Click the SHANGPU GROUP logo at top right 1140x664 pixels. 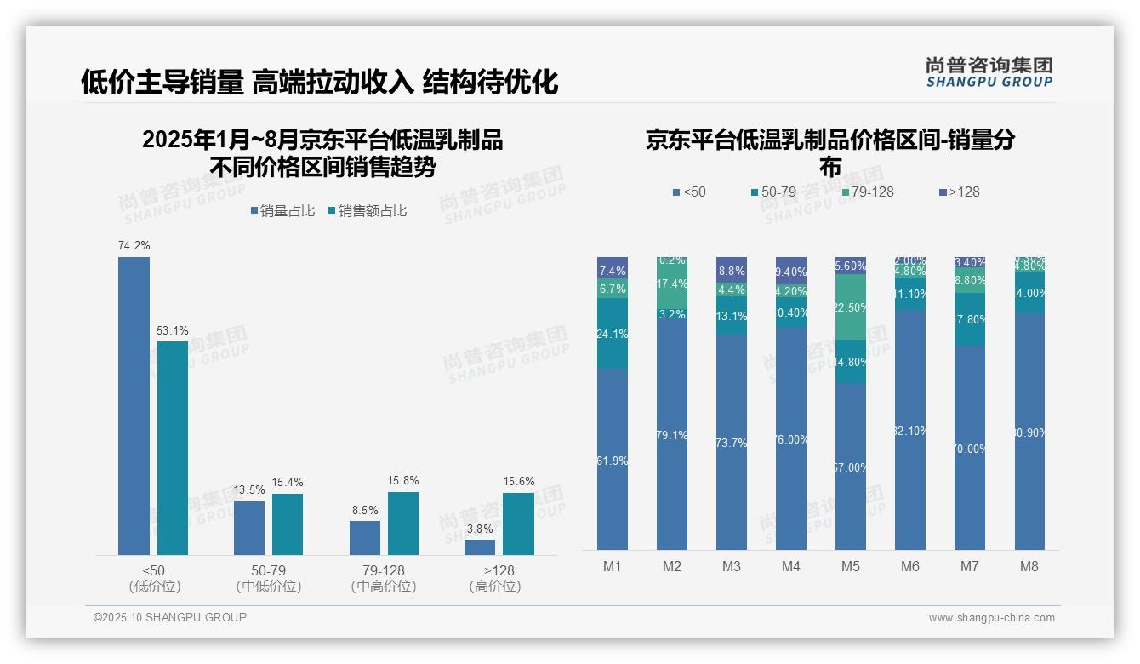pos(989,72)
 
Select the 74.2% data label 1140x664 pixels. pos(134,246)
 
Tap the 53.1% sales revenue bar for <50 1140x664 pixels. pos(173,448)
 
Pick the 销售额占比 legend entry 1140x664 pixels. pos(368,211)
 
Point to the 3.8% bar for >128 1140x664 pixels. pos(480,547)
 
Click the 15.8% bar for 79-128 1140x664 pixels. pos(403,524)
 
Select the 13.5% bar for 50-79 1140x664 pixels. pos(249,528)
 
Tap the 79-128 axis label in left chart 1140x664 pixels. pos(383,570)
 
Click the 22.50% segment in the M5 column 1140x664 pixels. pos(851,307)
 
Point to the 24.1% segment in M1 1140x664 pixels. pos(613,334)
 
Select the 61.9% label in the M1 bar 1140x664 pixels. pos(613,461)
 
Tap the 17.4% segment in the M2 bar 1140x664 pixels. pos(672,283)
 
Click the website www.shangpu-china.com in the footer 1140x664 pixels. pos(991,618)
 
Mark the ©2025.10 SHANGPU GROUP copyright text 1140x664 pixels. pos(170,618)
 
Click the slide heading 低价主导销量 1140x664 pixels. pos(162,83)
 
